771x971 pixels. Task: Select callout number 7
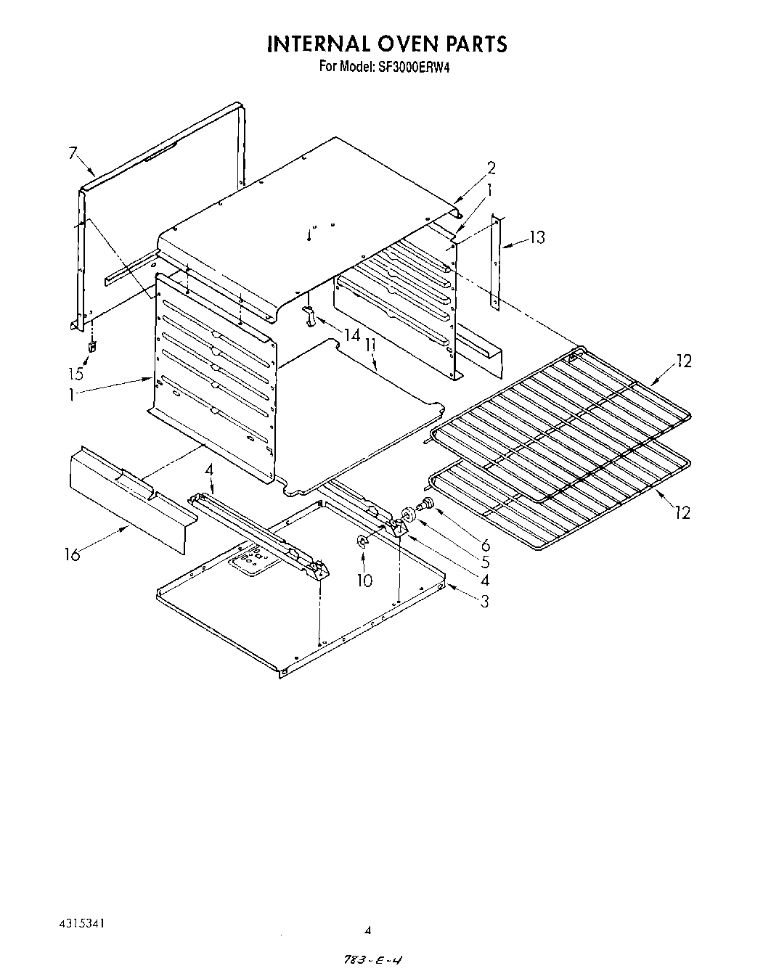73,153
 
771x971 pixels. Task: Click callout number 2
491,168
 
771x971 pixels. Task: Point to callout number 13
537,237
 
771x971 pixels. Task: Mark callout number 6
485,544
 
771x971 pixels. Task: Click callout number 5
485,562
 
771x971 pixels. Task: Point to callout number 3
484,600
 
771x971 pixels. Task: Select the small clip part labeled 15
92,347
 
